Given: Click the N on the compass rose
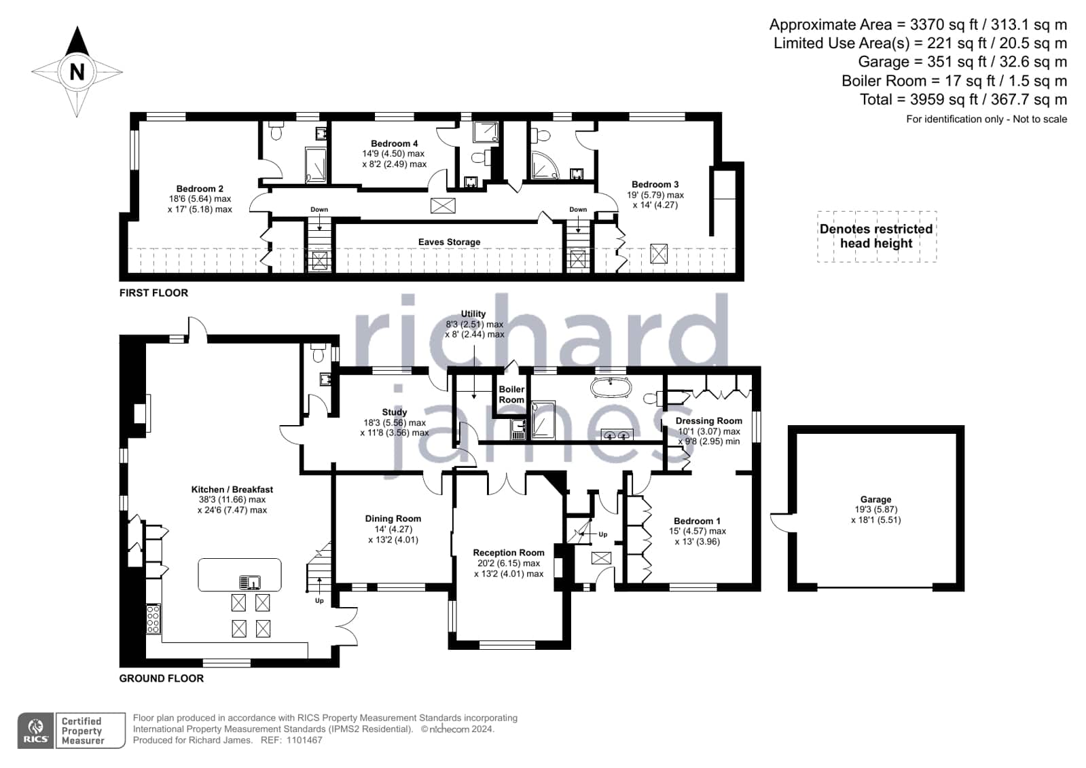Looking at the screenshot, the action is click(x=77, y=72).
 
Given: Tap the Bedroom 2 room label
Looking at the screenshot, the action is click(x=200, y=189).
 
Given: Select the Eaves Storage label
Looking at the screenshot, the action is click(x=449, y=242).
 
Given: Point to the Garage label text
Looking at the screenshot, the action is click(x=875, y=499).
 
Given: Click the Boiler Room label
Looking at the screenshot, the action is click(x=511, y=394).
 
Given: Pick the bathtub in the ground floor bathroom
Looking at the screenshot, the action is click(x=611, y=388).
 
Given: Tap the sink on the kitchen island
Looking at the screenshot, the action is click(x=250, y=582).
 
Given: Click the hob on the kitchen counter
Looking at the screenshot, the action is click(x=153, y=619).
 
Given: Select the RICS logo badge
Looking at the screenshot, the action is click(x=35, y=730).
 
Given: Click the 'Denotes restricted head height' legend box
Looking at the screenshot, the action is click(x=877, y=236).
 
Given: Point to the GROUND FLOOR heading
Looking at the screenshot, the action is click(x=162, y=678).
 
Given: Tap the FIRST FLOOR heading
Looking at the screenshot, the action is click(x=153, y=293).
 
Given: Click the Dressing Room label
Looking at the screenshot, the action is click(x=709, y=421).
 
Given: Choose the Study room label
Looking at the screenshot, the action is click(x=394, y=412).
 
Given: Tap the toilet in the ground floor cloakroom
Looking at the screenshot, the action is click(x=319, y=354).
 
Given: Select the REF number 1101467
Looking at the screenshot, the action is click(x=304, y=740).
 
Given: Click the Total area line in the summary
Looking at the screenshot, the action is click(x=963, y=99).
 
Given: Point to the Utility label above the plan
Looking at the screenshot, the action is click(x=473, y=314).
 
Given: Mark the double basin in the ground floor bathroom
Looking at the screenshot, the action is click(x=617, y=435).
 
